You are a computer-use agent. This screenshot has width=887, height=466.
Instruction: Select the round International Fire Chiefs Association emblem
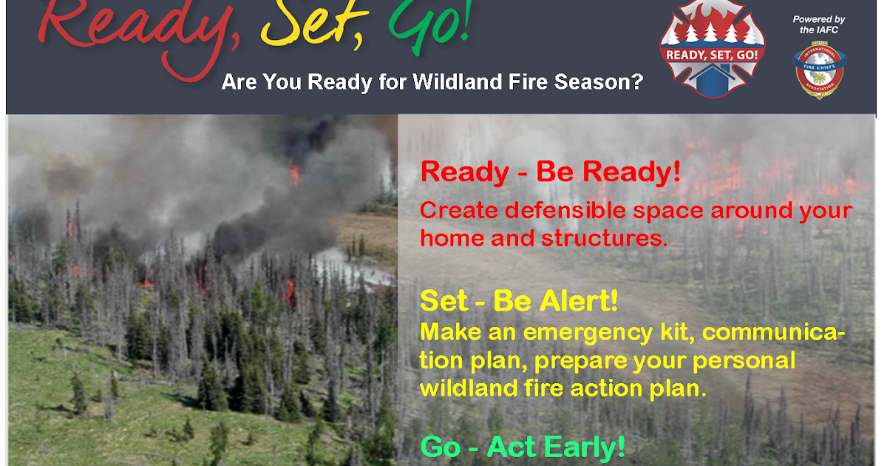(x=818, y=71)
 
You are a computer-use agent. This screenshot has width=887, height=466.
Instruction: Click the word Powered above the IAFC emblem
(x=807, y=19)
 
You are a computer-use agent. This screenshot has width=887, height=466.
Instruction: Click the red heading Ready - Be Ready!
(x=550, y=172)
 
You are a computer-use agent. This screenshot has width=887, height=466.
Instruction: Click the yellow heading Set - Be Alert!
(x=519, y=301)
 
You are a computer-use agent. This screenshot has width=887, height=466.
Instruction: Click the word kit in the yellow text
(x=676, y=333)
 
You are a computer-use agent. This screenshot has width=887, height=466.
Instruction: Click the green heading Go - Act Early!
(x=523, y=447)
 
